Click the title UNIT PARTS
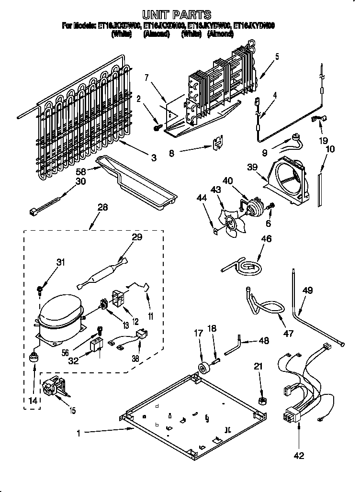(x=177, y=14)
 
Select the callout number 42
(x=298, y=456)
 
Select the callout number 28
(x=102, y=207)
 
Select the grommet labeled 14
(x=34, y=358)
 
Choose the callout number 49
(x=308, y=291)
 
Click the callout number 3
(x=153, y=157)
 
